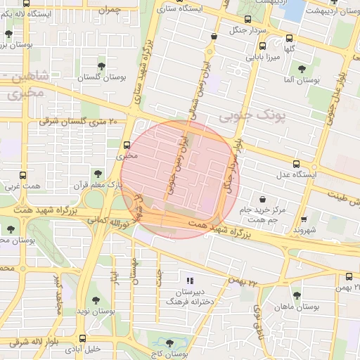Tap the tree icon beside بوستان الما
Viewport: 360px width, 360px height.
(302, 69)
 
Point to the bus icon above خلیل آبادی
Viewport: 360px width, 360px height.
(84, 337)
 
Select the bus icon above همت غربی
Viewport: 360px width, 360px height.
(24, 176)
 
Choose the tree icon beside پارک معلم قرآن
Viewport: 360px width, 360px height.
(97, 173)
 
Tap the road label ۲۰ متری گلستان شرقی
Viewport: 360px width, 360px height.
(75, 121)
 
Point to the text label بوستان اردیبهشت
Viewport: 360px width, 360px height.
(328, 11)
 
